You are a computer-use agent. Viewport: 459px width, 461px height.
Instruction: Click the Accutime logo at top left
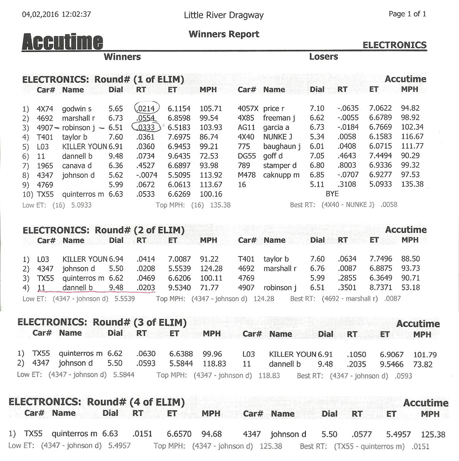point(62,42)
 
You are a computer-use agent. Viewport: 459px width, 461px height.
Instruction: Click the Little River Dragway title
point(224,15)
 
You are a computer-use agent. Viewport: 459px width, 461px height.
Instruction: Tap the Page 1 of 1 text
point(407,14)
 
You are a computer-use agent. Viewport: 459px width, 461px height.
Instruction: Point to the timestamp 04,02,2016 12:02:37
point(56,15)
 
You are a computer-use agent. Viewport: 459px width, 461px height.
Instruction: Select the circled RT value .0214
point(146,109)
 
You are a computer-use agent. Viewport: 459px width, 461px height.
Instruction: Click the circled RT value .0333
point(146,128)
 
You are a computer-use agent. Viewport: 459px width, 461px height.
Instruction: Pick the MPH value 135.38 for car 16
point(412,184)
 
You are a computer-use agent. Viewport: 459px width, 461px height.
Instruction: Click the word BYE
point(332,194)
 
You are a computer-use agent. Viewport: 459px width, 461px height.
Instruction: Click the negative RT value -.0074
point(146,175)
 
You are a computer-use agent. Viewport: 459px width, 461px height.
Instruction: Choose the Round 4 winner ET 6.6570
point(179,434)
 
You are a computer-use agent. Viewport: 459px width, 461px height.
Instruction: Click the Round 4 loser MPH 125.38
point(433,435)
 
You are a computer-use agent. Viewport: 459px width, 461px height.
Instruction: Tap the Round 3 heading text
point(102,322)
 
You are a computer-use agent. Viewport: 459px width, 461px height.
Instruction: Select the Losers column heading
point(323,57)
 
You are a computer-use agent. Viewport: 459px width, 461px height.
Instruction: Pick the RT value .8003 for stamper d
point(347,165)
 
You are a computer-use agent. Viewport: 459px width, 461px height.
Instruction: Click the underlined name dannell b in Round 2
point(77,288)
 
